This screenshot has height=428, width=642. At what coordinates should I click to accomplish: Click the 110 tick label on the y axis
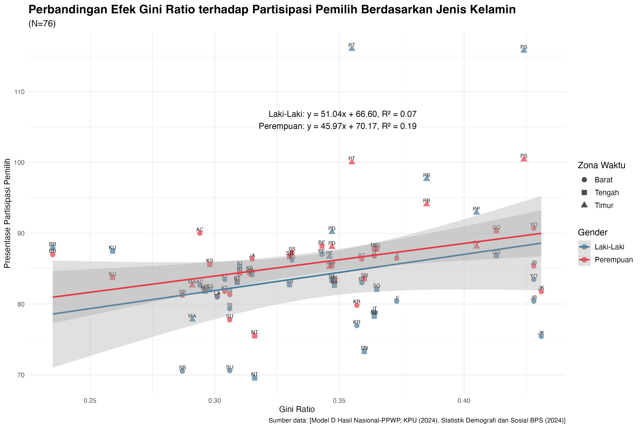(x=19, y=92)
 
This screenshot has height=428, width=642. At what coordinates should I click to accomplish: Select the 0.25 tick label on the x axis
(x=90, y=400)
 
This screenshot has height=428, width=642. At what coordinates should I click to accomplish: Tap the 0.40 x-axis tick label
(x=464, y=400)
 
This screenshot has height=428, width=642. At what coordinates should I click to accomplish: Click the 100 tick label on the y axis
(x=19, y=163)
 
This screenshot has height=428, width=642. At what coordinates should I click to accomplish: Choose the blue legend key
(x=584, y=247)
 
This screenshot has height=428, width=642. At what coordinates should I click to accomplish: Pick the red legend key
(x=584, y=260)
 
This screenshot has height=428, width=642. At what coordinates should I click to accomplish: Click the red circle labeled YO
(x=534, y=228)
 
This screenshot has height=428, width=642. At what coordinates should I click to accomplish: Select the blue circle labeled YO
(x=534, y=280)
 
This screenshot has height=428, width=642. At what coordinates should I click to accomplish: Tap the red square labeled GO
(x=496, y=231)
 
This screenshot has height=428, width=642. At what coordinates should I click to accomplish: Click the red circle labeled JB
(x=534, y=266)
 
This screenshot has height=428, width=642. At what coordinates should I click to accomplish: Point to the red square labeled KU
(x=113, y=277)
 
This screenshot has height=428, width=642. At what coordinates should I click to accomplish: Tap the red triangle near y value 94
(x=426, y=204)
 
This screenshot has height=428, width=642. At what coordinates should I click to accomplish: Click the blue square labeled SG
(x=376, y=289)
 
